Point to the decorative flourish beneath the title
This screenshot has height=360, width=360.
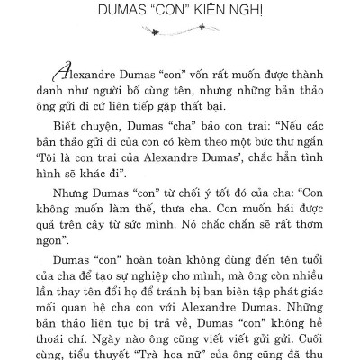[180, 31]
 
